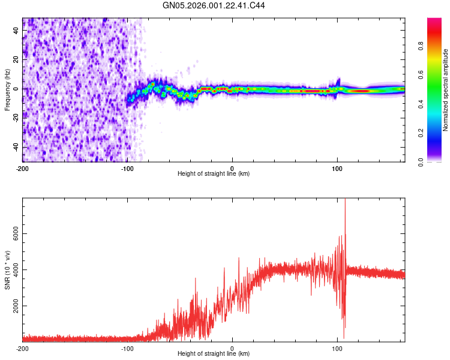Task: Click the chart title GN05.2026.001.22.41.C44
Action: pos(214,5)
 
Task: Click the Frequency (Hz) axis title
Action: pos(7,89)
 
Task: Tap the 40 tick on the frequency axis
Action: pos(16,31)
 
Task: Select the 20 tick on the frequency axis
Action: pos(16,60)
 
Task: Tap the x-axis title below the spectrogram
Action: pos(214,175)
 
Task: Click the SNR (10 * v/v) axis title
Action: pos(7,269)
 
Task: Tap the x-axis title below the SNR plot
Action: pos(214,355)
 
